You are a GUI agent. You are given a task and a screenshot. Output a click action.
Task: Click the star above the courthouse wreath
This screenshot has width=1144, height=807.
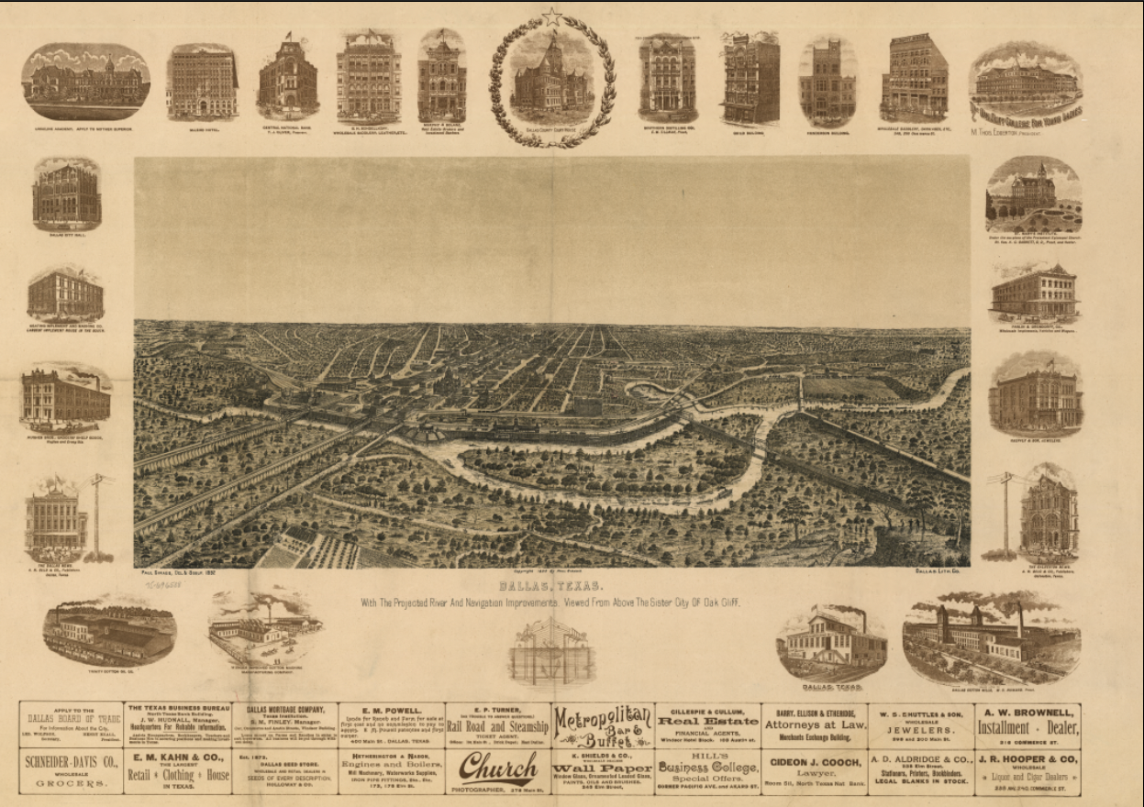pos(551,16)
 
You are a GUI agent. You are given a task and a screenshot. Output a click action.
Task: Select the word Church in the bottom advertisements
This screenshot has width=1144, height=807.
pos(497,767)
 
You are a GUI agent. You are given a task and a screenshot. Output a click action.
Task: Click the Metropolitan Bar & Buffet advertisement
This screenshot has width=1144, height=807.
pos(603,725)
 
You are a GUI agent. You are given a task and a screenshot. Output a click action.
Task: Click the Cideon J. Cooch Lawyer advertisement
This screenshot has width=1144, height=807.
pos(814,771)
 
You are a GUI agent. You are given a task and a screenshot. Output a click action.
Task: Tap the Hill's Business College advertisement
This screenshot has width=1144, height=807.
pos(707,771)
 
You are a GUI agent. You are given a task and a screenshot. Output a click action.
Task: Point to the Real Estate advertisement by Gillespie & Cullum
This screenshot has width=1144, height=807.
pos(707,726)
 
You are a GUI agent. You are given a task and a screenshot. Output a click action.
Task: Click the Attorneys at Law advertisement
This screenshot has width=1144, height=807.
pos(814,725)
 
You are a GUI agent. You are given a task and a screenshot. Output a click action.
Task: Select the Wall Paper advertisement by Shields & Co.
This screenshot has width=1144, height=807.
pos(603,771)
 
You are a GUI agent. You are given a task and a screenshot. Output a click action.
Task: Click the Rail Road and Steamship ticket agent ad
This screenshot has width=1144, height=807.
pos(497,726)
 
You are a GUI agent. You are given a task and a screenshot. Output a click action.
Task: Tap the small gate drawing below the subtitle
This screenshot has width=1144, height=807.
pos(551,652)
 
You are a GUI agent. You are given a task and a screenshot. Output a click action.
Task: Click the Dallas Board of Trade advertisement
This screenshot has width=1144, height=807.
pos(71,725)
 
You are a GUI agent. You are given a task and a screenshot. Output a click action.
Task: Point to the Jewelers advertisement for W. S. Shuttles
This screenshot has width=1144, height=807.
pos(920,726)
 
